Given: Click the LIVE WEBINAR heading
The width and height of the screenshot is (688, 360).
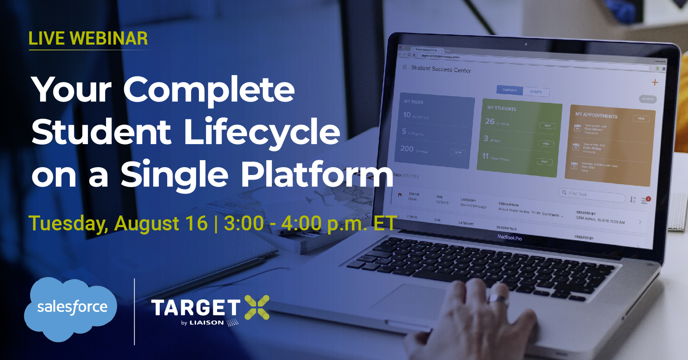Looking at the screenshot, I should tap(88, 39).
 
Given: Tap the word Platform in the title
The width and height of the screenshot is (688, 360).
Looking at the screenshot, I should tap(317, 175).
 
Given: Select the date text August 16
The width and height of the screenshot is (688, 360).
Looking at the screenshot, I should tap(161, 223).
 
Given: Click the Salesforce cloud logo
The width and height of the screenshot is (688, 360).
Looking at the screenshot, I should tap(71, 309).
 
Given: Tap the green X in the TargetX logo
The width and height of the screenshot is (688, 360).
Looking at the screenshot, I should tap(257, 308).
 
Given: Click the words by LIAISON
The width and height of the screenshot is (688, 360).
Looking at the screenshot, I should tap(203, 323).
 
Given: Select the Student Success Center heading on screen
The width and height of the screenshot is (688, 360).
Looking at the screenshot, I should tap(441, 69).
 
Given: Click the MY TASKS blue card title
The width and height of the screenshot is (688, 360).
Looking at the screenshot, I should tap(414, 102).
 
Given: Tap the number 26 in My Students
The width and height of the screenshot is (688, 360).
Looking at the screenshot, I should tap(490, 121).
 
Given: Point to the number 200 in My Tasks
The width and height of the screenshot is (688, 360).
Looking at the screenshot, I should tap(407, 148).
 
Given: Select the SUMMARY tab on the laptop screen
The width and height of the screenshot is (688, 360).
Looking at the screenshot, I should tap(510, 90).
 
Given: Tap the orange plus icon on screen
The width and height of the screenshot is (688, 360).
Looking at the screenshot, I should tap(655, 83).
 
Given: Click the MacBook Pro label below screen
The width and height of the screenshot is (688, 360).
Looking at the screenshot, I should tap(509, 237).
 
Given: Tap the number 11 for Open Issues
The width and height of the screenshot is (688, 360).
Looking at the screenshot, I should tap(485, 156).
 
